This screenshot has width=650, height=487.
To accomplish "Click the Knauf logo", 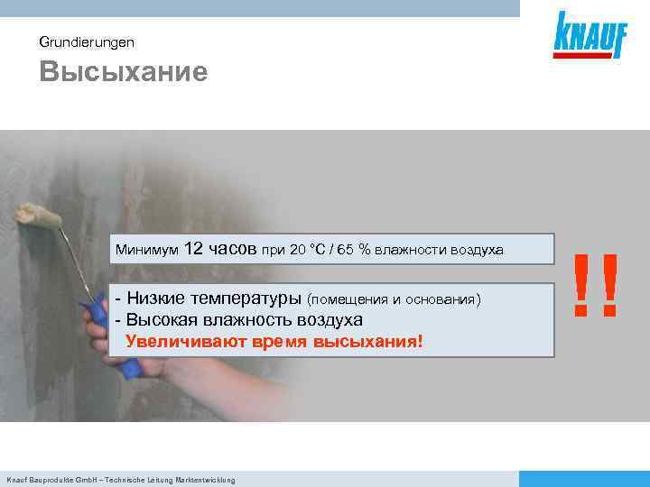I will point(587,35).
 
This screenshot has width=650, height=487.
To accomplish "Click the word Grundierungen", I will point(87,41).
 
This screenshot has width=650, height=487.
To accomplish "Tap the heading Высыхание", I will point(123,72).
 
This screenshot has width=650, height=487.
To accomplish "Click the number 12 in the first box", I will point(197,247).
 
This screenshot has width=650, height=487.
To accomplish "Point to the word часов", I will point(236,247).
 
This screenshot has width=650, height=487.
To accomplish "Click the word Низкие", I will point(154,299).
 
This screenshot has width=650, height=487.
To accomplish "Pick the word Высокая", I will point(159,320).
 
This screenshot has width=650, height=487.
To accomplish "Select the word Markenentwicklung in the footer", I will point(203,480).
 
